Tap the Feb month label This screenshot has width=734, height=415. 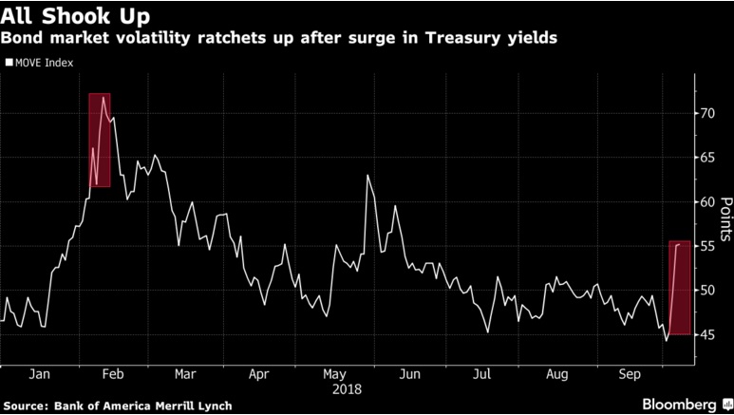[x=110, y=374]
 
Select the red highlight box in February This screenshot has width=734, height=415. [x=100, y=141]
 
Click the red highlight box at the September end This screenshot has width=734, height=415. [x=679, y=288]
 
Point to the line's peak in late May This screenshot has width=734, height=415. [x=367, y=176]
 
